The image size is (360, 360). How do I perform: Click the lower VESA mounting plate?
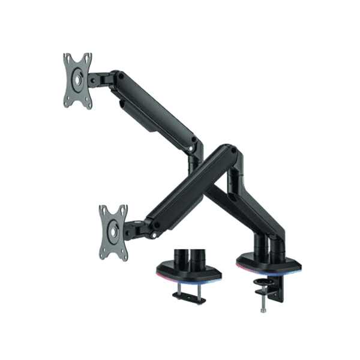tap(113, 232)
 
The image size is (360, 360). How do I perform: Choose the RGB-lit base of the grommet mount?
tap(189, 274)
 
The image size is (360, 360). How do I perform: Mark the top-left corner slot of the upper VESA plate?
tap(68, 59)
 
